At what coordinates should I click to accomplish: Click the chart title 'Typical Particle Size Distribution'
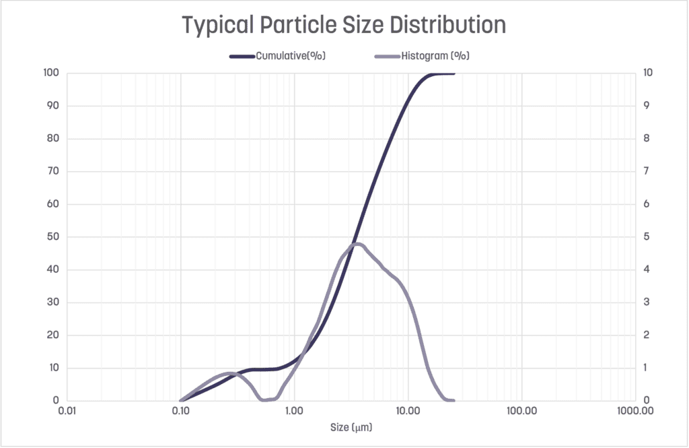click(x=344, y=26)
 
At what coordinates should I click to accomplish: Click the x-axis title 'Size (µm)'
click(x=351, y=427)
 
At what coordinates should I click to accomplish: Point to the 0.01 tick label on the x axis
click(x=66, y=410)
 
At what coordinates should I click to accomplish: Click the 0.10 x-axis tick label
click(x=180, y=410)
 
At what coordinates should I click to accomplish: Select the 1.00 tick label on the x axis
click(x=294, y=410)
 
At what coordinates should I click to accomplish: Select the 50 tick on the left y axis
click(x=53, y=236)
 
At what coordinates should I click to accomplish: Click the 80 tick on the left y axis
click(x=53, y=139)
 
